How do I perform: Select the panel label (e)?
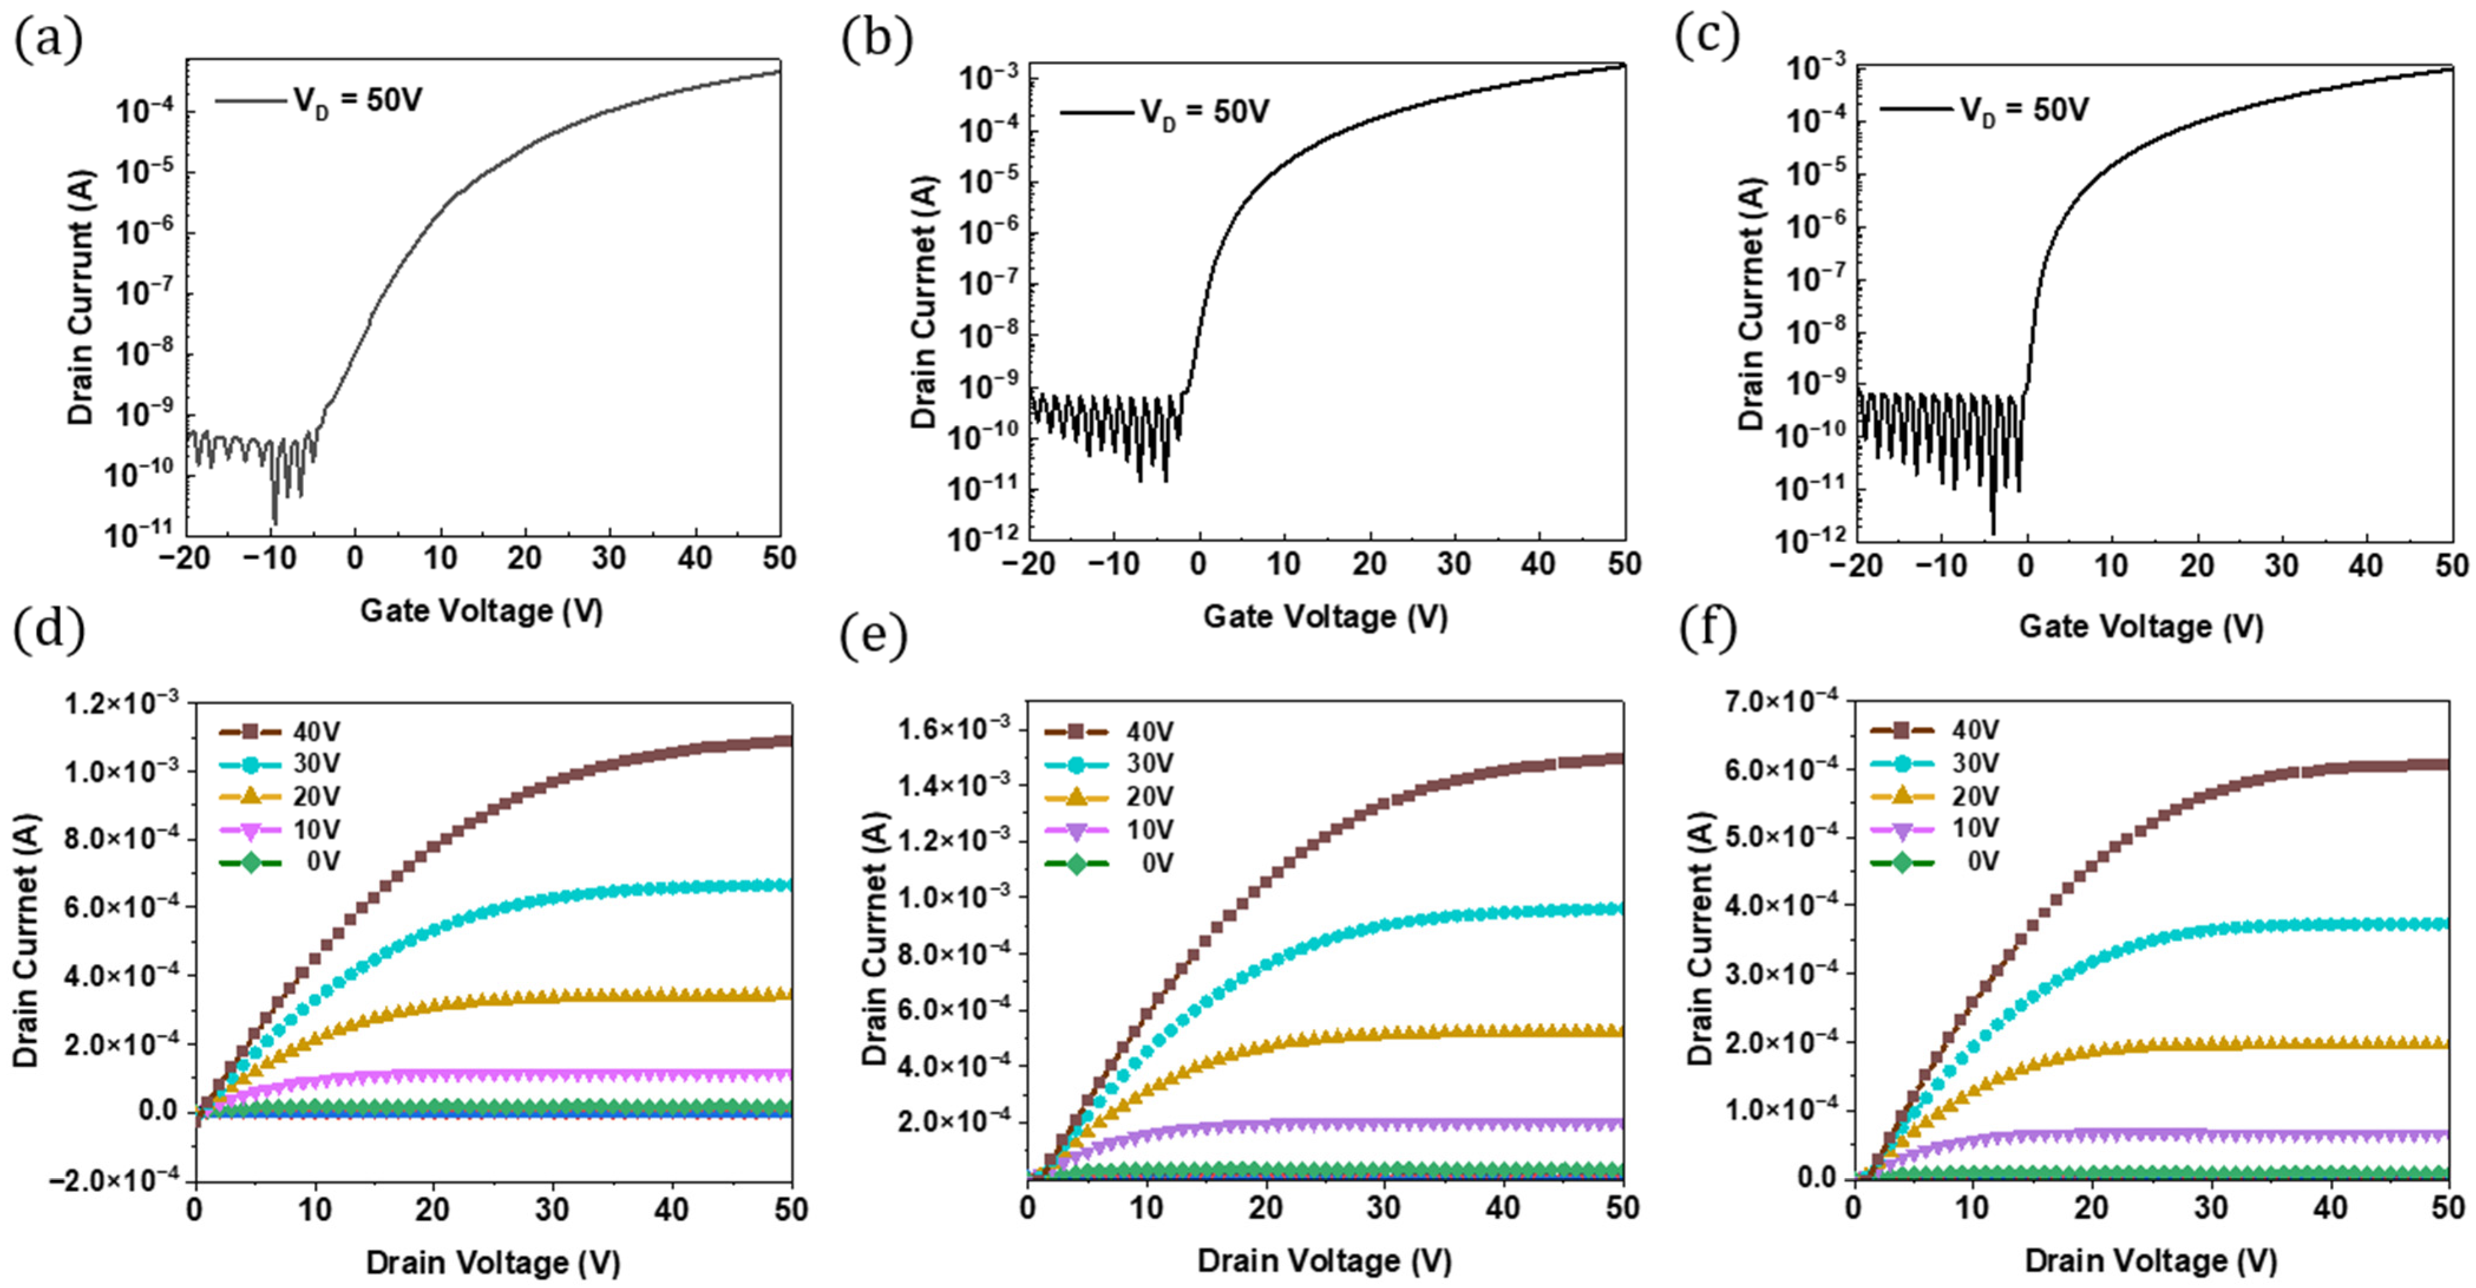click(x=873, y=636)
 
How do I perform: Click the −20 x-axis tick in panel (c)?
click(x=1855, y=564)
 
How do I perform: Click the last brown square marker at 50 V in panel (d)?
click(x=785, y=740)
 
